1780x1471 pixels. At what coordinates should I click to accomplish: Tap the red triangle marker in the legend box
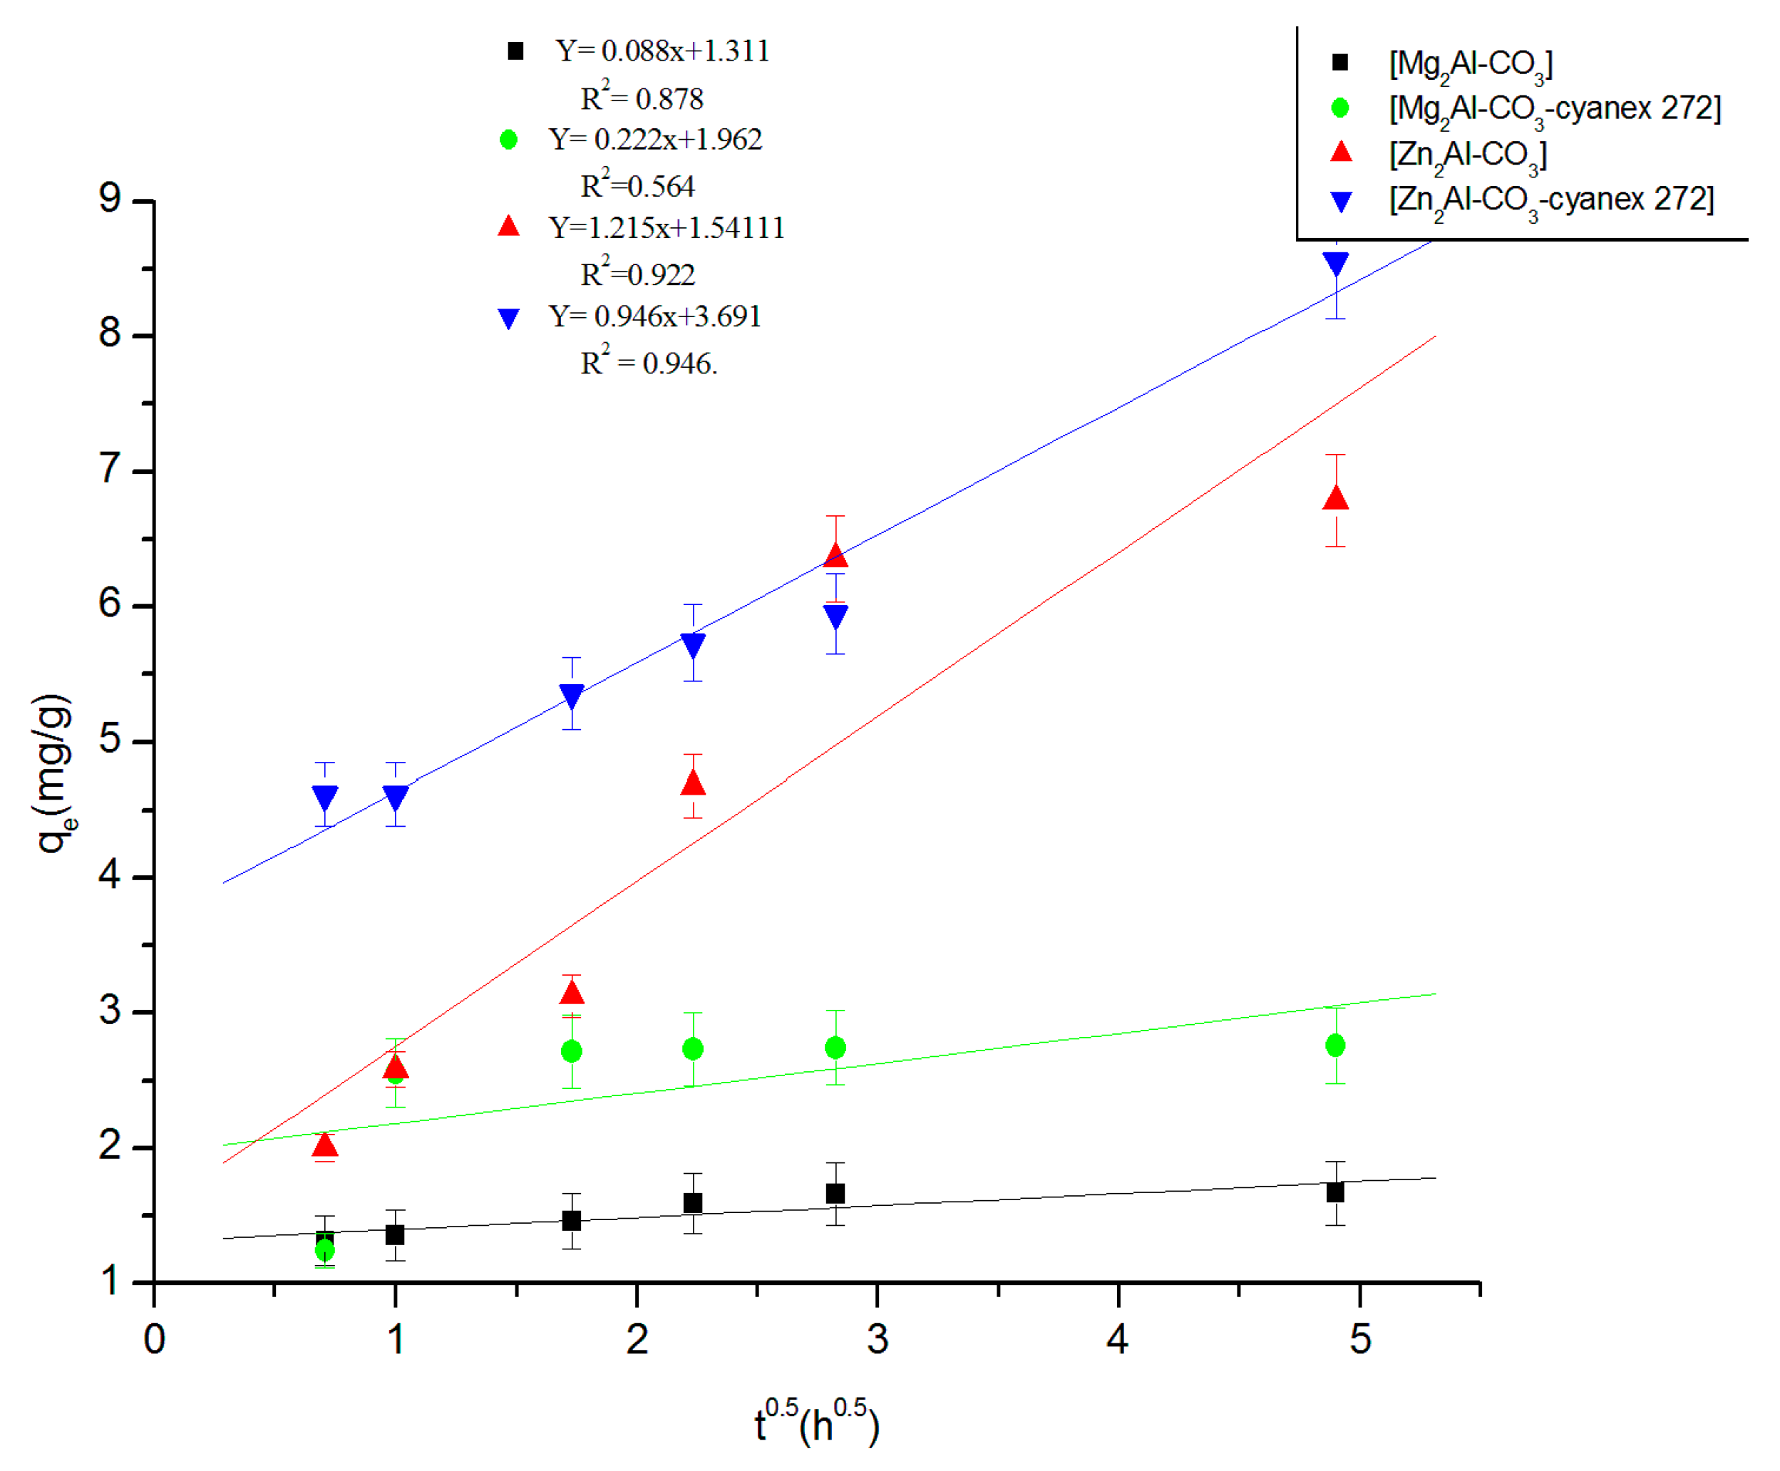[x=1341, y=153]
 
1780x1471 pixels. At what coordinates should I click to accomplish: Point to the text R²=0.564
[x=637, y=185]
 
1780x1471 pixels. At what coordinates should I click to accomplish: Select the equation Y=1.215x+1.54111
[x=667, y=227]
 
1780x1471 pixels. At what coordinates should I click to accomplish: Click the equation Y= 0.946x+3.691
[x=654, y=316]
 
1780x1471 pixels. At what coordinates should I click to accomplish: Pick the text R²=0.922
[x=637, y=274]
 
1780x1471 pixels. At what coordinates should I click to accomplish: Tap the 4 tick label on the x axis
[x=1117, y=1339]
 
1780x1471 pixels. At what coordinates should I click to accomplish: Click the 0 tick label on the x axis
[x=154, y=1339]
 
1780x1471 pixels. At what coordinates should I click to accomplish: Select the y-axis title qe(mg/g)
[x=53, y=773]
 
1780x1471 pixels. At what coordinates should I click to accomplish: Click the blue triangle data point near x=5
[x=1336, y=264]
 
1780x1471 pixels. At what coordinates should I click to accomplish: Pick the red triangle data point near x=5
[x=1336, y=498]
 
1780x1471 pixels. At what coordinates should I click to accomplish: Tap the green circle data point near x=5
[x=1335, y=1046]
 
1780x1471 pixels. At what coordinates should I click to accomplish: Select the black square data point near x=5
[x=1335, y=1192]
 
